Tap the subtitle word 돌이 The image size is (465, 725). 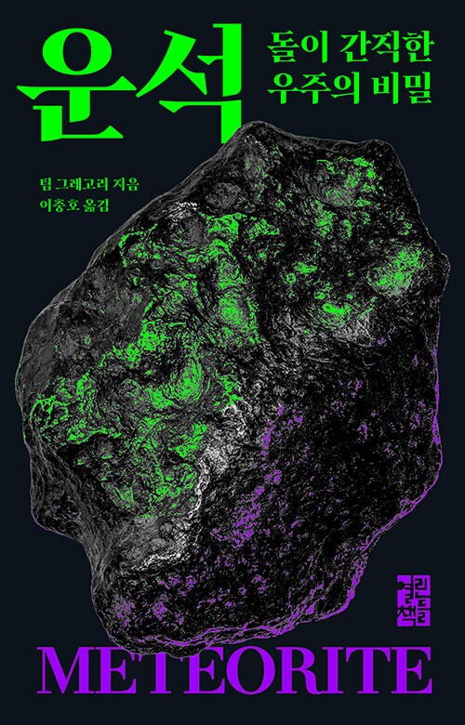point(289,44)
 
